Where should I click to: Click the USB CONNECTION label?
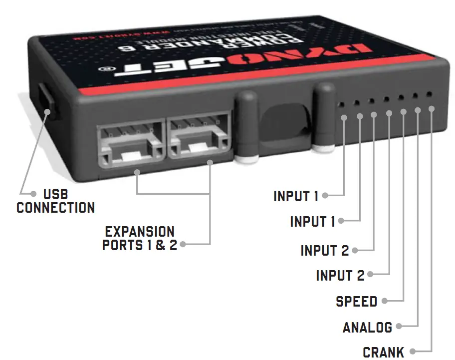click(55, 201)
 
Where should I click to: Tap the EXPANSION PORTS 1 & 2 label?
click(140, 239)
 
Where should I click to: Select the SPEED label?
click(356, 301)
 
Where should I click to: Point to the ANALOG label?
click(367, 327)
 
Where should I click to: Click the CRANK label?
click(383, 353)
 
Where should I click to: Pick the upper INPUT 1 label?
click(296, 196)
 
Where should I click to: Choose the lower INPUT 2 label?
click(340, 275)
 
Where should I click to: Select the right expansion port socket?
click(199, 135)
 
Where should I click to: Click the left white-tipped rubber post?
click(245, 127)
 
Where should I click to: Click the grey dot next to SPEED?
click(386, 301)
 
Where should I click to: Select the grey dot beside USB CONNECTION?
click(33, 193)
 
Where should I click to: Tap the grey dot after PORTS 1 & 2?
click(183, 245)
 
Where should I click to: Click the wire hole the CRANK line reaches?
click(429, 94)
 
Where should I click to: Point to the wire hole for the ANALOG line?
click(414, 95)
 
